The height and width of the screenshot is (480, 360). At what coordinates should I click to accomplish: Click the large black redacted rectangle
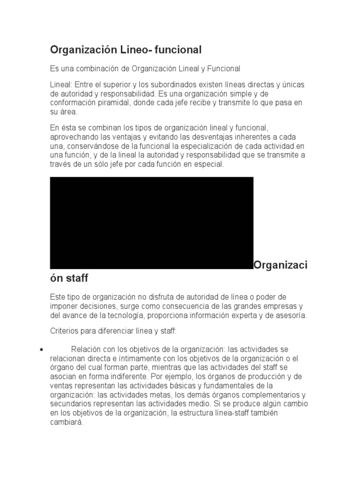(151, 223)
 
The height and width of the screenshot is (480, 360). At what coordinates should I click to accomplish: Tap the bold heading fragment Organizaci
(281, 265)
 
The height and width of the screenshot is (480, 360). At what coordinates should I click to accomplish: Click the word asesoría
(291, 315)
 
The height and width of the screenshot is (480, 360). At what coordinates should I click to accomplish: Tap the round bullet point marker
(42, 350)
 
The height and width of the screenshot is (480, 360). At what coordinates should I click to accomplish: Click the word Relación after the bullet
(86, 349)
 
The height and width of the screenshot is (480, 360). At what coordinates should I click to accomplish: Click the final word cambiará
(66, 421)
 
